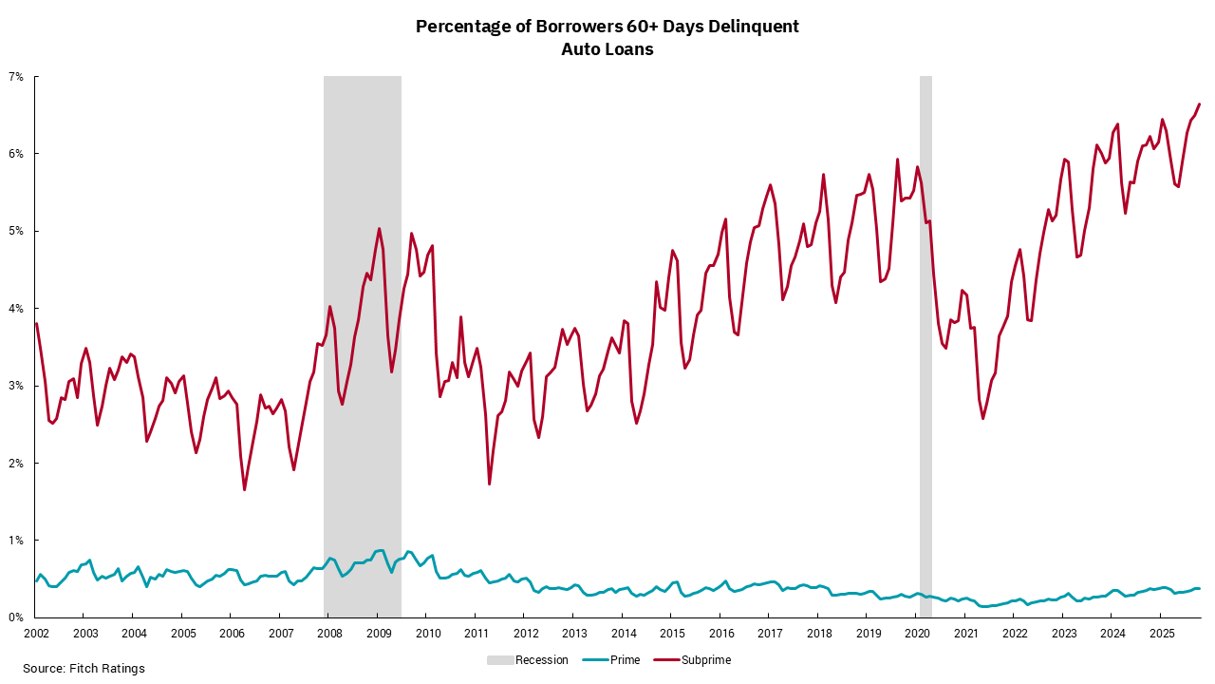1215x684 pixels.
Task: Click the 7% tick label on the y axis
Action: pyautogui.click(x=18, y=76)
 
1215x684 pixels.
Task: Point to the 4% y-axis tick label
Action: pyautogui.click(x=18, y=308)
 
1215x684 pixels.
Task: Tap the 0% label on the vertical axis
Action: pyautogui.click(x=18, y=617)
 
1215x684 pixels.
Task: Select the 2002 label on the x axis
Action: pyautogui.click(x=36, y=633)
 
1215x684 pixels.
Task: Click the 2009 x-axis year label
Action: pyautogui.click(x=378, y=633)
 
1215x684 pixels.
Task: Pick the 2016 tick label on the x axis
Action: pyautogui.click(x=720, y=633)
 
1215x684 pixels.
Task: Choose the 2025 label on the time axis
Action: pyautogui.click(x=1160, y=633)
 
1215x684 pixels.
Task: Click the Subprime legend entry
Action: pyautogui.click(x=706, y=659)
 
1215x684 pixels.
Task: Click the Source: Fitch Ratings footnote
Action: pyautogui.click(x=84, y=669)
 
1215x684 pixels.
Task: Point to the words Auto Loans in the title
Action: pyautogui.click(x=607, y=49)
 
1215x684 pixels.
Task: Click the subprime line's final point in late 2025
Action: pyautogui.click(x=1200, y=104)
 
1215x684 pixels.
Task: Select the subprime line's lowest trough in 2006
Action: pyautogui.click(x=245, y=490)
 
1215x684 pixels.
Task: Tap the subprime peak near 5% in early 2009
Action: pyautogui.click(x=379, y=228)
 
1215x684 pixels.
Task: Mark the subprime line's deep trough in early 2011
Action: pyautogui.click(x=489, y=484)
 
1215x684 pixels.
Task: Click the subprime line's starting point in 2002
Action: pyautogui.click(x=36, y=324)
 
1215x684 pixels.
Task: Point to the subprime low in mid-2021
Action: pyautogui.click(x=983, y=419)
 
